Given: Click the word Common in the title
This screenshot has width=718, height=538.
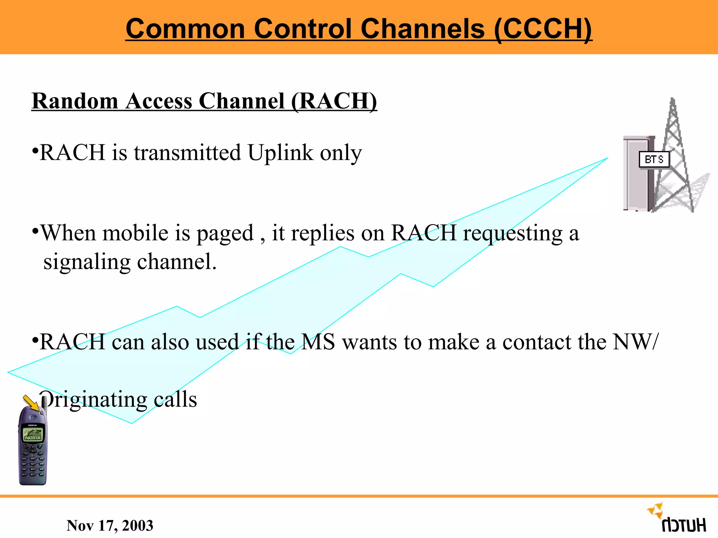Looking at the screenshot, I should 185,29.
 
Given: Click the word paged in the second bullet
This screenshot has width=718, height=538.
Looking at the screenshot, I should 225,234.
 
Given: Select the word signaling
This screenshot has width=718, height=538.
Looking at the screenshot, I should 87,262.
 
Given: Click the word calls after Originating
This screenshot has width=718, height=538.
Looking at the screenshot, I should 175,399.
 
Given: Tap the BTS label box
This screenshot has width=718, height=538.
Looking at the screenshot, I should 654,160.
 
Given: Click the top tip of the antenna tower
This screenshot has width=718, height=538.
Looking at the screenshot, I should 672,100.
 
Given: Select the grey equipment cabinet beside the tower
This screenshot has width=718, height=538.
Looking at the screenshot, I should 636,175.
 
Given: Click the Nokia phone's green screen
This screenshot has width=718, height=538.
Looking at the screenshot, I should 33,435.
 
